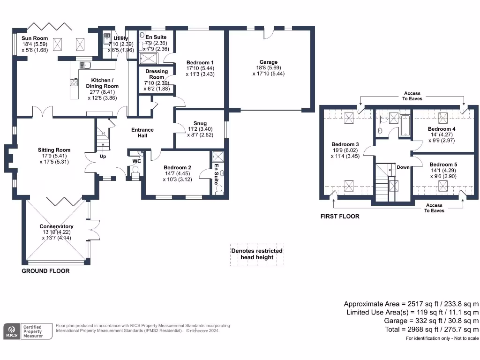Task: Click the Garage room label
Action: (x=269, y=62)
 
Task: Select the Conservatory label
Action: (x=56, y=226)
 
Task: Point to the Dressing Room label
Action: (x=157, y=74)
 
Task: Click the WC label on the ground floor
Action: (x=137, y=161)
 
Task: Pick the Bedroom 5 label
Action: (x=443, y=165)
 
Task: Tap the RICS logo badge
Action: (x=12, y=331)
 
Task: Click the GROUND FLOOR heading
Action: (x=46, y=271)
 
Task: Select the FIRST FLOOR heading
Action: (x=340, y=217)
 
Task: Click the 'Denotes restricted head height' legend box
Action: (x=257, y=254)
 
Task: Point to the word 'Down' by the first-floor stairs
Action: (x=403, y=167)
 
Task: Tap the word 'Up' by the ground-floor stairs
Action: (x=103, y=156)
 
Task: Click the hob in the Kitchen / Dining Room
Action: (x=74, y=82)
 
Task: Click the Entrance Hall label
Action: (x=142, y=133)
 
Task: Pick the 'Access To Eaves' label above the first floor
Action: (x=412, y=96)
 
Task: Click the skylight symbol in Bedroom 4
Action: (x=442, y=116)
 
